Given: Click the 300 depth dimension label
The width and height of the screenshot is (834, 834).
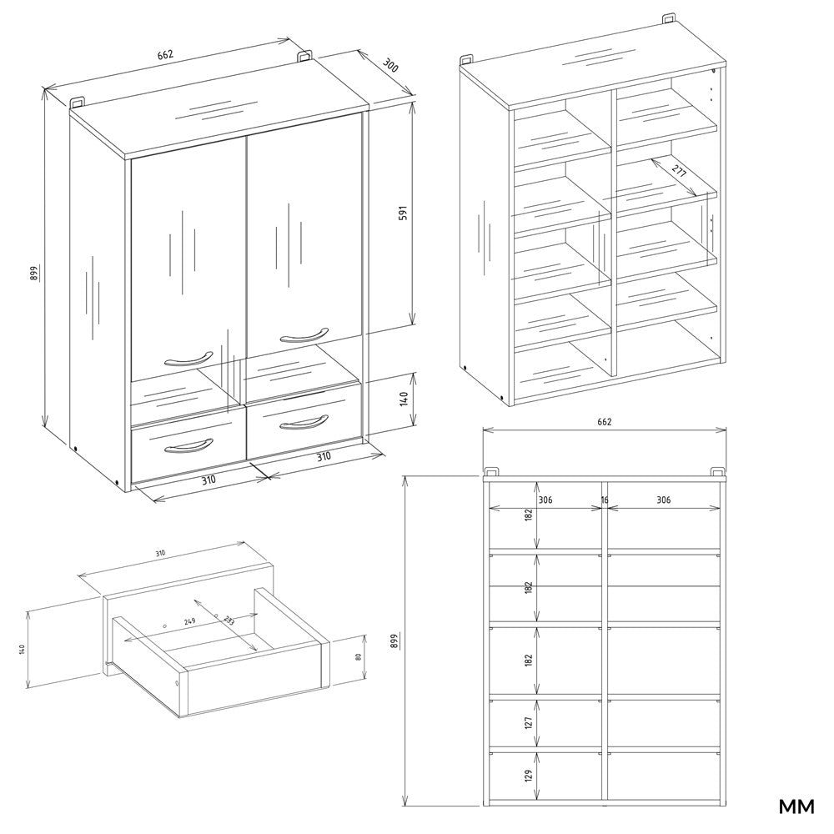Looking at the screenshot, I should coord(389,65).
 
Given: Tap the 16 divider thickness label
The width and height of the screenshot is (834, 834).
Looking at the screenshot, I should coord(605,500).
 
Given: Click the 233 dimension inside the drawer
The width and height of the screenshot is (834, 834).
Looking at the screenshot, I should coord(229,621).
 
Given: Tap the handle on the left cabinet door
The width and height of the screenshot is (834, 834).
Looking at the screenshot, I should coord(184,359).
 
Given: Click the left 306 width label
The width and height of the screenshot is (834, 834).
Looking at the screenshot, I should coord(546,500).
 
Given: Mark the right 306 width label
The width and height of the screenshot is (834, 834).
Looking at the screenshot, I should coord(663,500).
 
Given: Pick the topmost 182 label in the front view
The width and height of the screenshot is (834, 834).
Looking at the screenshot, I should coord(528,515).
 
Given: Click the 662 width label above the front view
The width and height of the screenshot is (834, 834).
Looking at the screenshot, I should coord(604,422).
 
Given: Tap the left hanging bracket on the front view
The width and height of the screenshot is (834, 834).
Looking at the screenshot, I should coord(493,471).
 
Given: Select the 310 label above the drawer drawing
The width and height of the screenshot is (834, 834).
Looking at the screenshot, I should coord(160,554).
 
